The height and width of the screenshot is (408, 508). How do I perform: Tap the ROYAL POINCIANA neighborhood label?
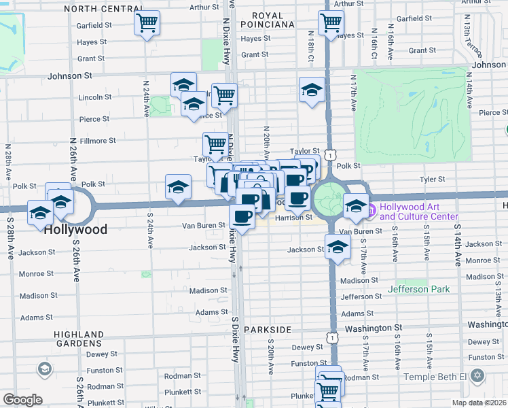click(272, 20)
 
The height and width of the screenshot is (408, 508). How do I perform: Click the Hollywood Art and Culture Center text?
click(418, 211)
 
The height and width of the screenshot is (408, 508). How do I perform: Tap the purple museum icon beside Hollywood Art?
click(371, 211)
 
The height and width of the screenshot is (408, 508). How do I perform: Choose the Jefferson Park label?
click(419, 289)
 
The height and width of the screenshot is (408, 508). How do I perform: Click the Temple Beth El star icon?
click(477, 376)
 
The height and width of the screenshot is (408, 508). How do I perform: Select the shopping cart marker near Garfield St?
click(147, 23)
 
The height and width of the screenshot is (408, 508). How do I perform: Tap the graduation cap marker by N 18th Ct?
click(312, 90)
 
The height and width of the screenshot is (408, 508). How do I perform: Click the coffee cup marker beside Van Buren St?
click(242, 216)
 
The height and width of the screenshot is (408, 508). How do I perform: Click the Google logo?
click(22, 400)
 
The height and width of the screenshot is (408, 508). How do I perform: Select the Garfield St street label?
click(94, 25)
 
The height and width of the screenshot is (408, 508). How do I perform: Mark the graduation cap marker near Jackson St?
click(338, 248)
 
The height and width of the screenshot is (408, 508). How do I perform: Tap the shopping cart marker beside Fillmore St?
click(215, 143)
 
